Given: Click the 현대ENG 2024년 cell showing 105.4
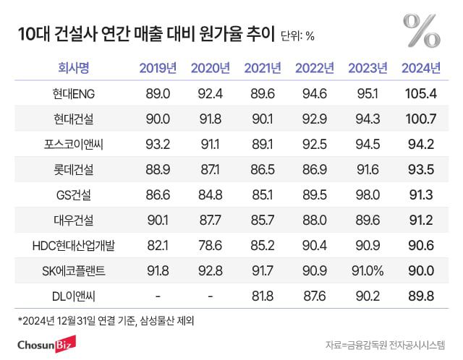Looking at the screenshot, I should (x=420, y=94).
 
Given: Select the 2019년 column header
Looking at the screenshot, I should (x=158, y=69).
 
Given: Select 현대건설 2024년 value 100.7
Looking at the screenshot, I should (x=420, y=119).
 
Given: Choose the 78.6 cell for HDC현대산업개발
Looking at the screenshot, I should (x=210, y=246).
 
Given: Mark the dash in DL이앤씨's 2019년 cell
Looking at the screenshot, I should (x=158, y=296).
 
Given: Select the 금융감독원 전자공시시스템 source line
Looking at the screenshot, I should (x=386, y=343).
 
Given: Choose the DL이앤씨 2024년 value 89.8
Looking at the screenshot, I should (x=420, y=296).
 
